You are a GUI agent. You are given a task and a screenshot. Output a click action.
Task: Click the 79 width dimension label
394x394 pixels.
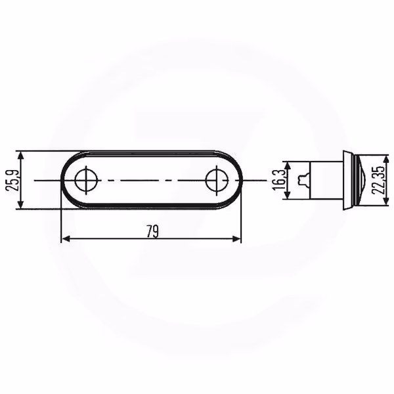[153, 231]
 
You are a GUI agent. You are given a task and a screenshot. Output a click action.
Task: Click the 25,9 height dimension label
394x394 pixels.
[12, 181]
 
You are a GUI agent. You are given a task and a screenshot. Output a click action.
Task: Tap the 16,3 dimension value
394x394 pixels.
[279, 180]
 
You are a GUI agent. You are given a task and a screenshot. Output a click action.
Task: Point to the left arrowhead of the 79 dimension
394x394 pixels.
[66, 239]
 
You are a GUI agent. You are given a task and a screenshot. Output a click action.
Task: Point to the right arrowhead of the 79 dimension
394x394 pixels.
[236, 239]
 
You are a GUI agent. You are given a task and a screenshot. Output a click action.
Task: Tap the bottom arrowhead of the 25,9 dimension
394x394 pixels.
[21, 204]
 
